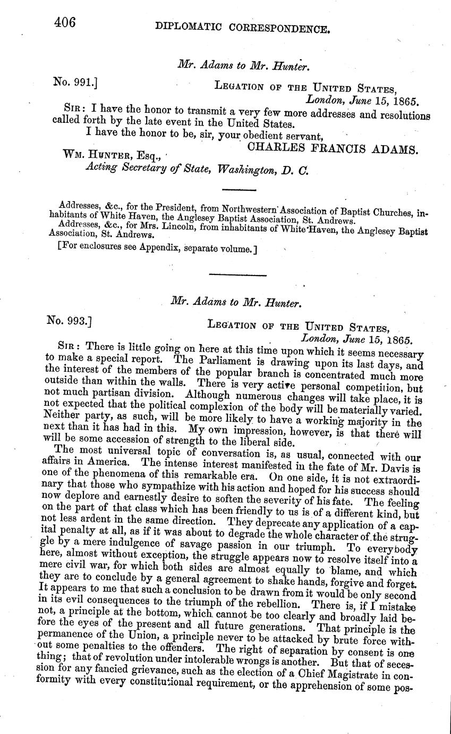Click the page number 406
click(x=64, y=22)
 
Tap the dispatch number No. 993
click(x=69, y=321)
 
